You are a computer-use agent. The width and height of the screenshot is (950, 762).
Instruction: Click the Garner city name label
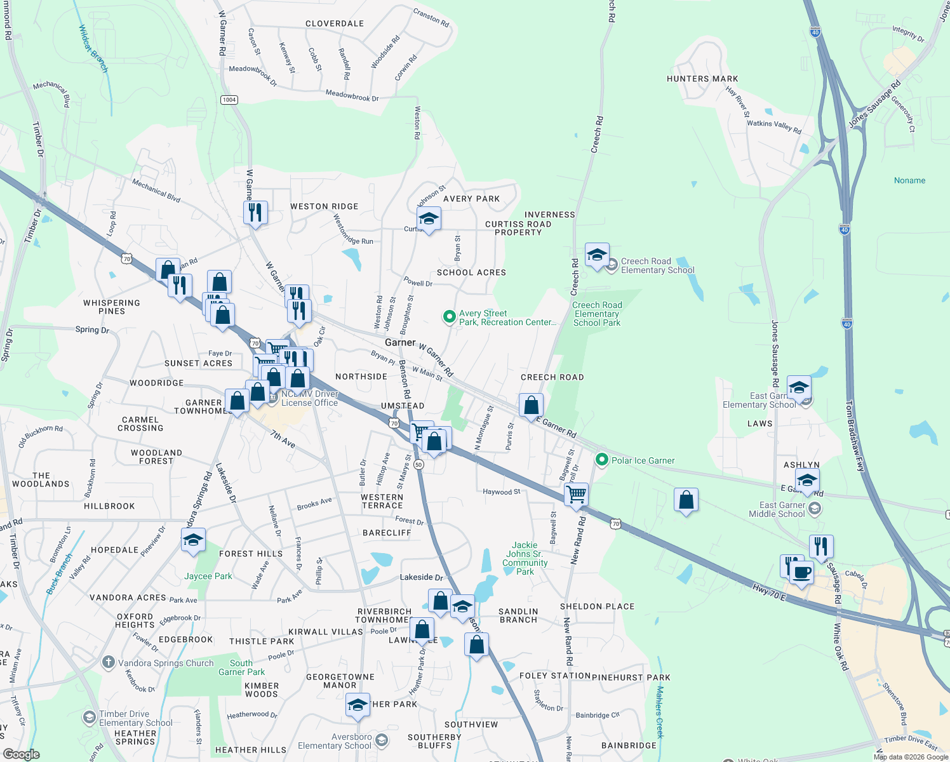click(x=400, y=342)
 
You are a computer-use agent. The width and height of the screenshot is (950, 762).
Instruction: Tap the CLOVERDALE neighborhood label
click(x=335, y=23)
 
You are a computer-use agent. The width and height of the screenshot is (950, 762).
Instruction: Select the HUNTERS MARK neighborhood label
click(x=702, y=79)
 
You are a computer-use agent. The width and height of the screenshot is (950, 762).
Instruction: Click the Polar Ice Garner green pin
click(x=601, y=459)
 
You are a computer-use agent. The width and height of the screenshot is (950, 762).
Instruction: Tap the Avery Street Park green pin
click(x=449, y=316)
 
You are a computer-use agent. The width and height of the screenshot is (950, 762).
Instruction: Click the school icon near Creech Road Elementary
click(x=596, y=255)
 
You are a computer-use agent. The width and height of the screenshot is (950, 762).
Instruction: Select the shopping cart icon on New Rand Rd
click(x=577, y=493)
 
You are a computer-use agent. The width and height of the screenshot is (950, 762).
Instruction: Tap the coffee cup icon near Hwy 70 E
click(x=802, y=571)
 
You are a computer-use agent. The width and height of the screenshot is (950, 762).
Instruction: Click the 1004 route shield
click(x=229, y=100)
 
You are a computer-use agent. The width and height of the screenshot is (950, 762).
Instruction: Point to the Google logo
click(x=21, y=754)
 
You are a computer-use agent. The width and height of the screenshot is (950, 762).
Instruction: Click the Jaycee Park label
click(x=208, y=576)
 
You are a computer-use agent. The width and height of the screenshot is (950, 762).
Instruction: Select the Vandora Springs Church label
click(x=166, y=663)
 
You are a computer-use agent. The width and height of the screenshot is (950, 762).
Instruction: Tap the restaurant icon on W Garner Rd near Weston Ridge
click(x=255, y=212)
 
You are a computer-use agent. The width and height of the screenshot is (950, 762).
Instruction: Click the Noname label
click(x=909, y=180)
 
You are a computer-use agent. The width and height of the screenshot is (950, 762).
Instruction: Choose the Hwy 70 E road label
click(x=769, y=592)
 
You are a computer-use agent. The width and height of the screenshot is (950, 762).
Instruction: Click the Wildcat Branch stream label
click(x=93, y=48)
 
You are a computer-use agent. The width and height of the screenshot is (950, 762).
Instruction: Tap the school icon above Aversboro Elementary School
click(x=358, y=705)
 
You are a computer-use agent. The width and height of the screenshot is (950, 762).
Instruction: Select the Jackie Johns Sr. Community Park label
click(x=525, y=558)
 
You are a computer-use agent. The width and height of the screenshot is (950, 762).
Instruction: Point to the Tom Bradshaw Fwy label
click(x=855, y=436)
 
